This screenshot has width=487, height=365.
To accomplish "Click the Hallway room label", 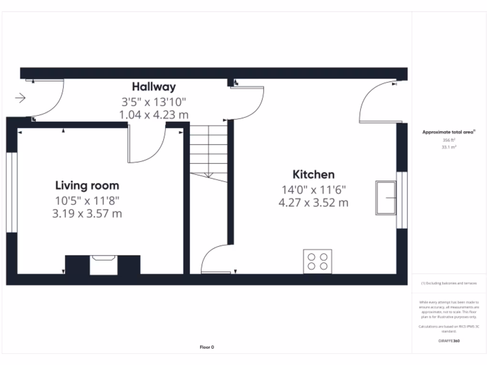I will coord(154,87).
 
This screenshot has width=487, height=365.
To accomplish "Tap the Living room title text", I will coord(87,185).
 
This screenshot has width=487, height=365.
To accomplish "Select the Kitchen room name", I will coord(313,174).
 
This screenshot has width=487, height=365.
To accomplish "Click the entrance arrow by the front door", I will coord(20,98).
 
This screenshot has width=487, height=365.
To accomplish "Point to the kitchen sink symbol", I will coord(386,198).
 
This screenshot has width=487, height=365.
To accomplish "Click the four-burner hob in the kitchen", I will coord(318,261).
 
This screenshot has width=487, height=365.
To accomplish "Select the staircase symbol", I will coord(209,152).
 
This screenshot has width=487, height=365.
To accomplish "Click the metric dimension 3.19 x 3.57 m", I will coord(87,213).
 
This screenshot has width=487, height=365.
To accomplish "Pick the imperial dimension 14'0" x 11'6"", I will coord(313,189).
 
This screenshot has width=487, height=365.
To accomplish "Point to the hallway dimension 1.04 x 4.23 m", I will coord(154,115).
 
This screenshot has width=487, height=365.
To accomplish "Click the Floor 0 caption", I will coord(207,347).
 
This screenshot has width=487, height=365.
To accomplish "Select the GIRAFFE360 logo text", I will coord(449,341).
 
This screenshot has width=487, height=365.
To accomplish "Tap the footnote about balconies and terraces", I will coord(449,283).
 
